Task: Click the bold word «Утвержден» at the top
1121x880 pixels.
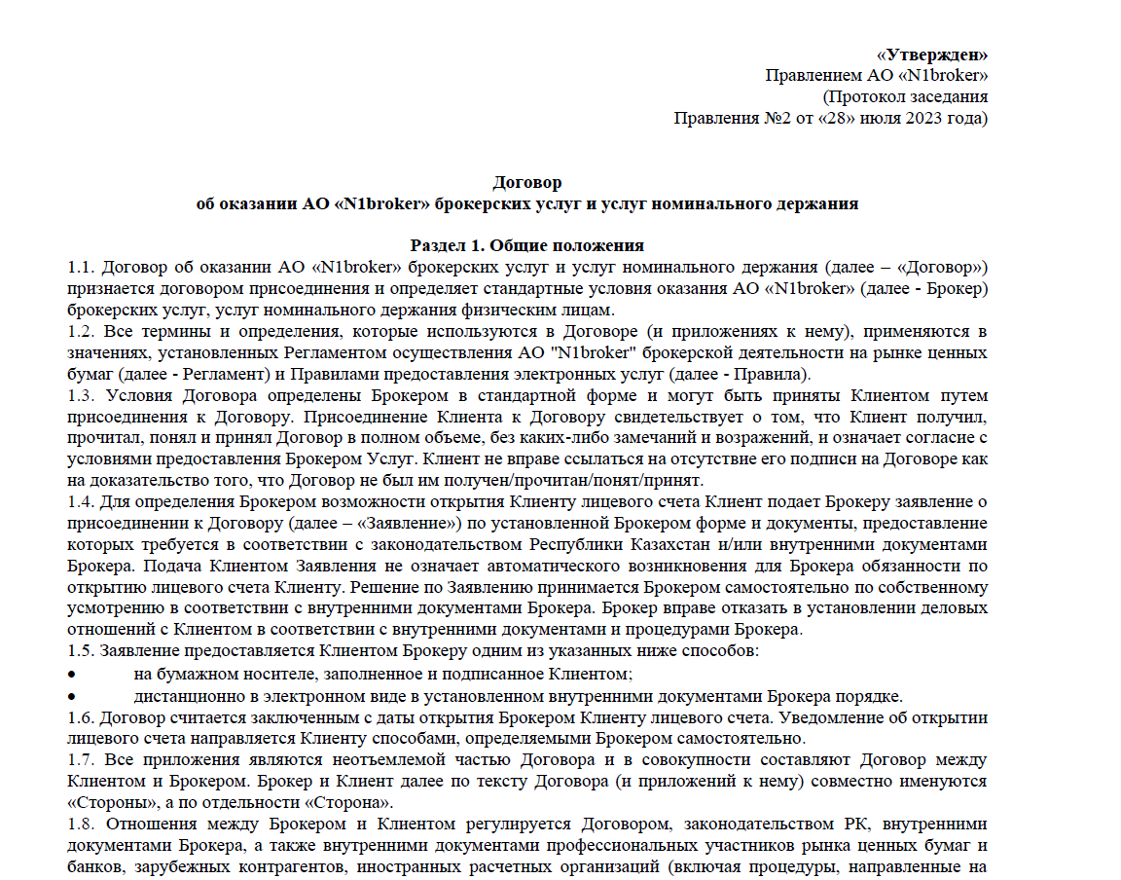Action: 932,55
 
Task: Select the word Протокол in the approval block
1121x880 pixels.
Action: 861,97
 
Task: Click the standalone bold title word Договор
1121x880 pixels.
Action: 527,182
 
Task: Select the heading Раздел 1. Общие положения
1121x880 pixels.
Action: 527,245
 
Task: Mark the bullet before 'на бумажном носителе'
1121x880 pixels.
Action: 71,674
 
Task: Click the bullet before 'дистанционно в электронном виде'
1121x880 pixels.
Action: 71,695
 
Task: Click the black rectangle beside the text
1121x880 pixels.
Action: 1080,754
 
